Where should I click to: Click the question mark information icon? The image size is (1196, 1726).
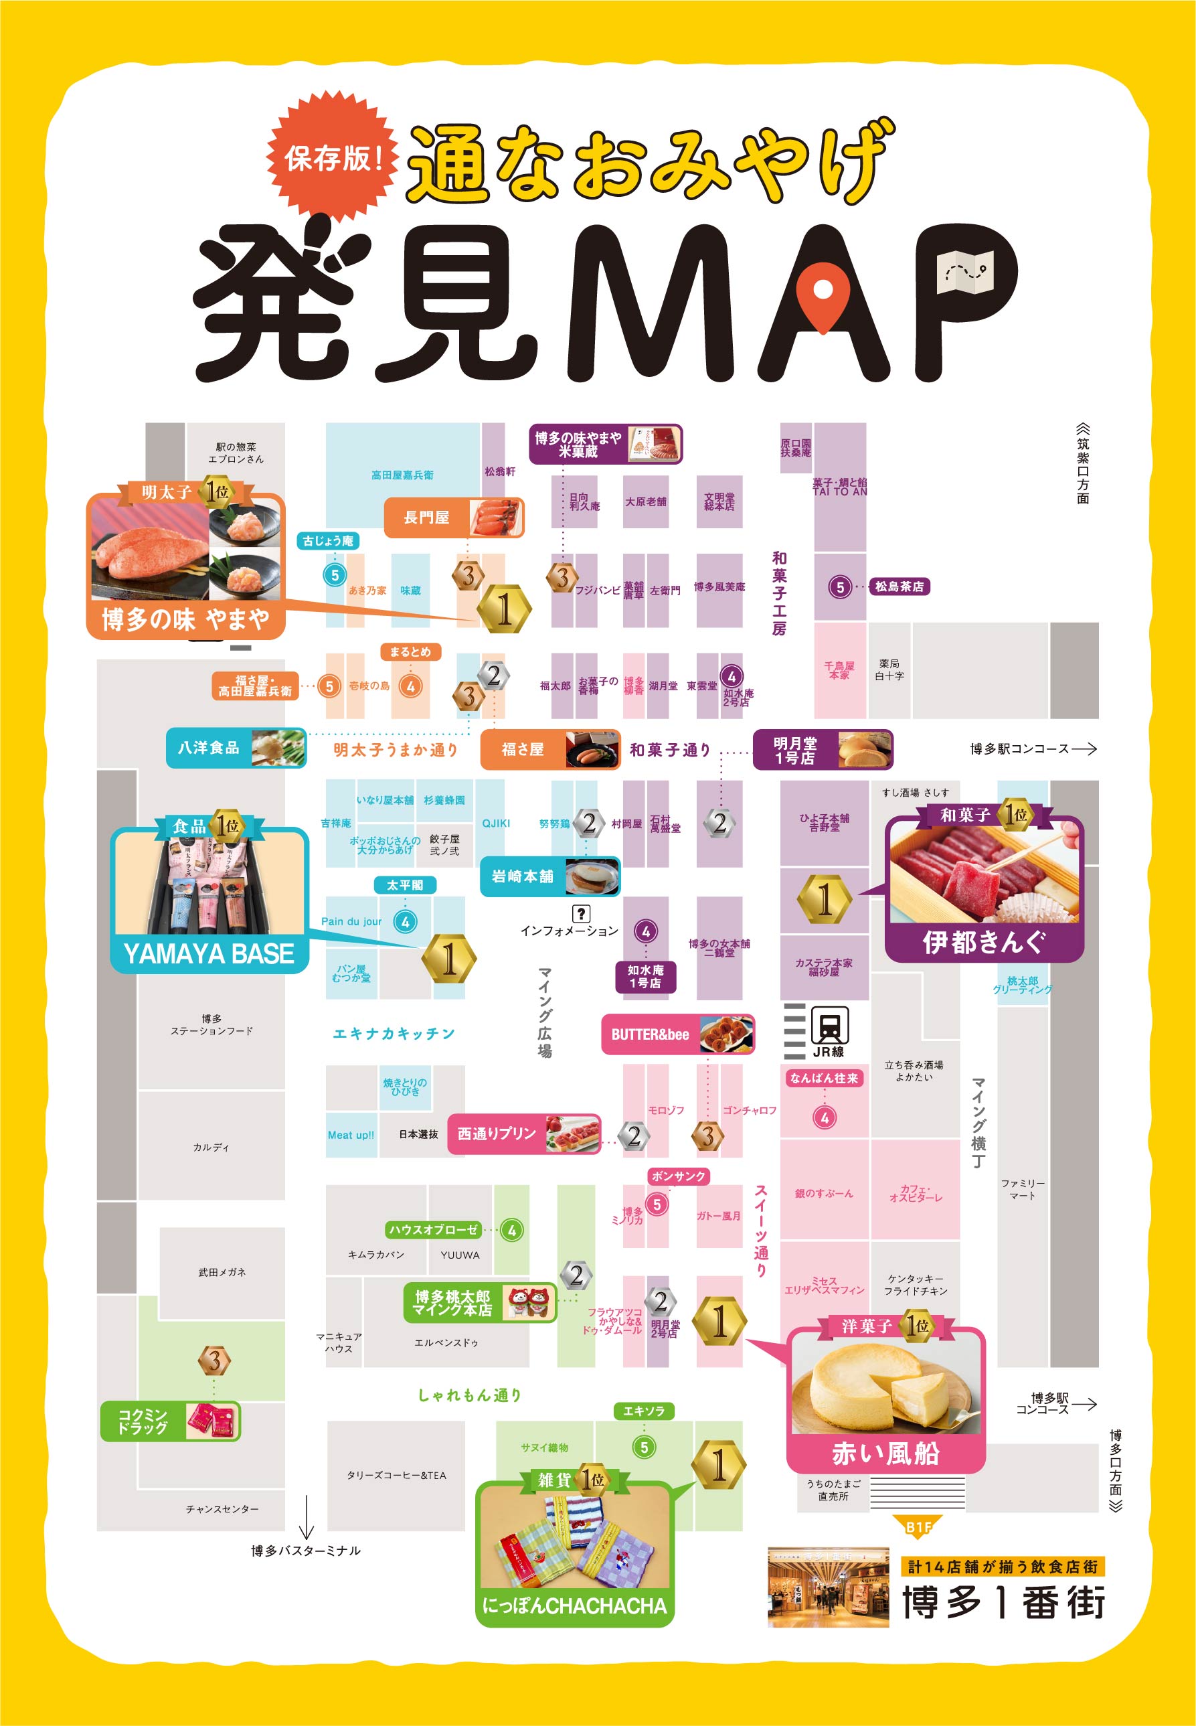pos(581,913)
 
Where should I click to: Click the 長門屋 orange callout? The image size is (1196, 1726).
pos(453,517)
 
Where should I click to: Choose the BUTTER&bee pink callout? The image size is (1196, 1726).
pos(677,1034)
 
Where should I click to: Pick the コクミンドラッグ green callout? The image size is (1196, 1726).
pos(170,1421)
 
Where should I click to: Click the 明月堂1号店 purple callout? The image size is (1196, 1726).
pos(822,749)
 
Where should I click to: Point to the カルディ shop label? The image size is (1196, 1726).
pos(211,1148)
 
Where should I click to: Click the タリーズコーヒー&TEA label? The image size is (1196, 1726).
pos(396,1476)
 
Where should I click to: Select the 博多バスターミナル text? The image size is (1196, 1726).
pos(306,1551)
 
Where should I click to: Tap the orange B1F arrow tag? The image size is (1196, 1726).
pos(918,1526)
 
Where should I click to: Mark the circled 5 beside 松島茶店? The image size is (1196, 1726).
pos(840,586)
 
